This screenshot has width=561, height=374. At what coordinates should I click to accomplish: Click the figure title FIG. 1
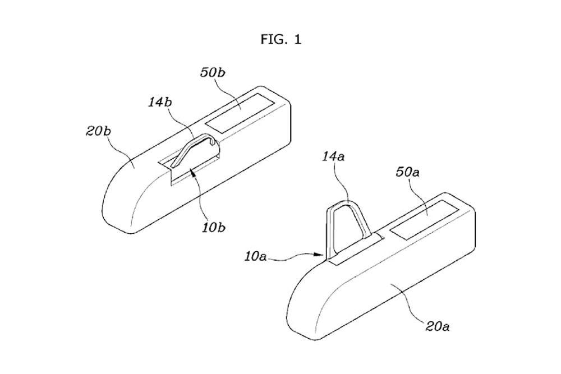pyautogui.click(x=280, y=39)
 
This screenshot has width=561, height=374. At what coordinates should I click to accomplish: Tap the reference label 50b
pyautogui.click(x=214, y=73)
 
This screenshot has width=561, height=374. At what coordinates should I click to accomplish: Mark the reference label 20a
pyautogui.click(x=435, y=324)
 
